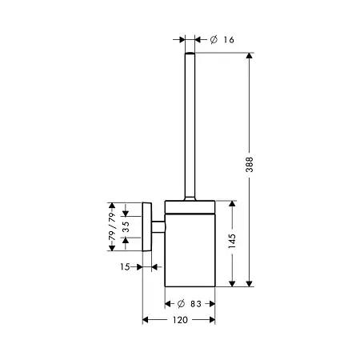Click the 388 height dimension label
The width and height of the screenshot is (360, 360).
(x=250, y=165)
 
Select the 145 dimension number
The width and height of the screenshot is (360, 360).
(x=232, y=241)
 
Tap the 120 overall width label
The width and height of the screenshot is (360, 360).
(x=180, y=320)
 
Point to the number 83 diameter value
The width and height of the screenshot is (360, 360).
(x=196, y=304)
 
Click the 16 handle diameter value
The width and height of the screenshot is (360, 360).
(x=229, y=40)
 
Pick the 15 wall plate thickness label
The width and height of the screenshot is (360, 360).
(x=125, y=266)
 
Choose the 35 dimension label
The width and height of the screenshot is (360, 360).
(x=126, y=226)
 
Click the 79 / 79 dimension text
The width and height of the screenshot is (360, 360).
(x=112, y=226)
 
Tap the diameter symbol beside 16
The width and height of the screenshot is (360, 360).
(x=214, y=40)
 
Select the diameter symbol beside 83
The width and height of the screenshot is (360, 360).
(x=181, y=304)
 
